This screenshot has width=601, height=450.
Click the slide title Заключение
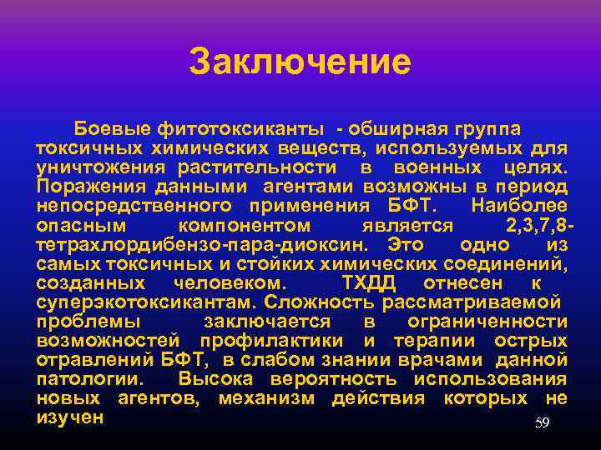click(x=300, y=62)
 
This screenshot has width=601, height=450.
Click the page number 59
click(x=543, y=423)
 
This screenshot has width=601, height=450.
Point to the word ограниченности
click(x=487, y=322)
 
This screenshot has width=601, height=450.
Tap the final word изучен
click(x=70, y=417)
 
